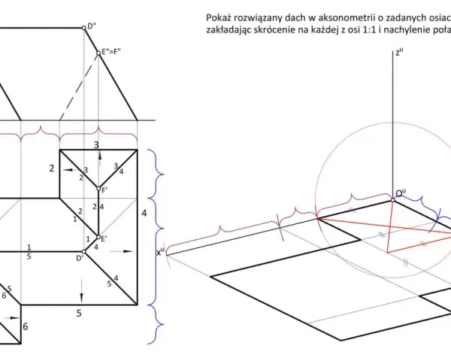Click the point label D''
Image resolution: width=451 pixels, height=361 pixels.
coord(92,26)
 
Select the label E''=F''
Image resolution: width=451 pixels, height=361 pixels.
coord(111,52)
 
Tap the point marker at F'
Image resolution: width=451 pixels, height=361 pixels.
coord(98,189)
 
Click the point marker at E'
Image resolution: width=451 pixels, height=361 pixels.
coord(98,237)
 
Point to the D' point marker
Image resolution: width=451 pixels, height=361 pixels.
coord(83,251)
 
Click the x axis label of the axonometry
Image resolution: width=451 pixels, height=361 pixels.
coord(160,252)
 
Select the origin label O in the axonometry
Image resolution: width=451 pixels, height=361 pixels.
coord(401,193)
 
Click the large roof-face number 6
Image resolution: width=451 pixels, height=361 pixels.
coord(26,326)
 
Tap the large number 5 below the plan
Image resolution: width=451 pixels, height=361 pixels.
coord(79,313)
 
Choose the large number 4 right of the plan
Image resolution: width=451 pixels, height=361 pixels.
coord(144,214)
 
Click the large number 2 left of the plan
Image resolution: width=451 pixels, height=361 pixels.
coord(51,168)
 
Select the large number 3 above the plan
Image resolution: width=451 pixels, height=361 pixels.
coord(97,145)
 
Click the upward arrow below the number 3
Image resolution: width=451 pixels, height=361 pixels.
coord(99,158)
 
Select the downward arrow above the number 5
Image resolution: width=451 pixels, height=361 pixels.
coord(82,291)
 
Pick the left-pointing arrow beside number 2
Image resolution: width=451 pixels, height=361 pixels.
coord(71,170)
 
